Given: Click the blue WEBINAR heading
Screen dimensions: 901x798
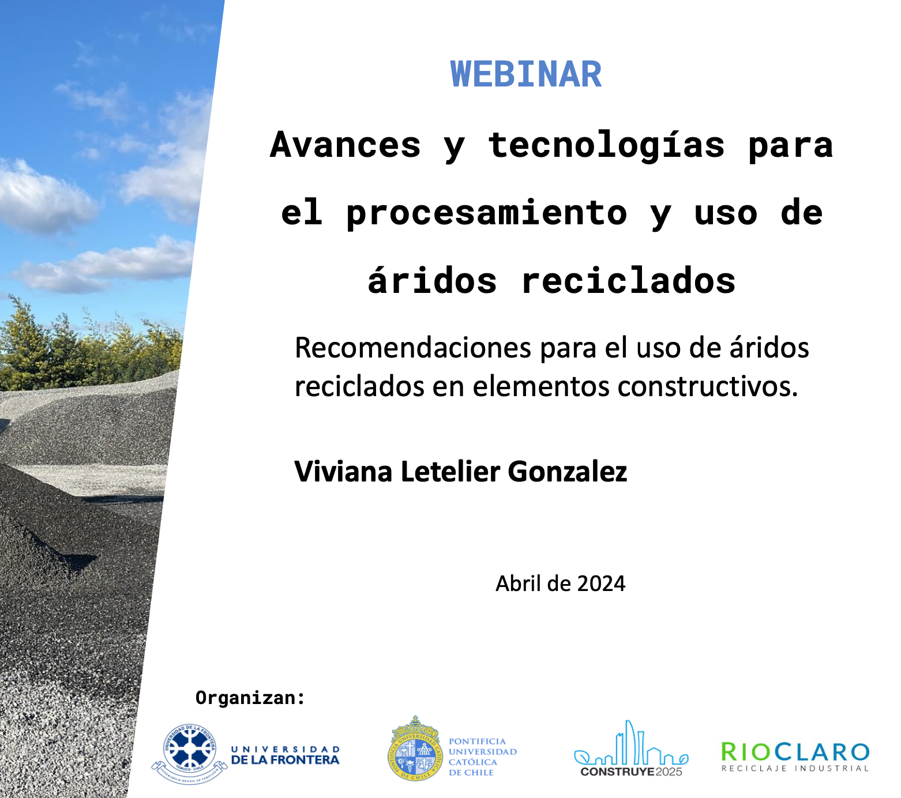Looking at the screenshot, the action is [x=526, y=74].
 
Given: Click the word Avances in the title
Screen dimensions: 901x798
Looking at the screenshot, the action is [x=346, y=144].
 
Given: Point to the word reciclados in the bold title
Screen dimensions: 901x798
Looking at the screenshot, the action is [x=628, y=281].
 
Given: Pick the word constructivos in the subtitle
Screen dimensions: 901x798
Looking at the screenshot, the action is [x=707, y=386].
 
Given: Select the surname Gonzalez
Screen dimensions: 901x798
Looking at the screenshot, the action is [x=568, y=472].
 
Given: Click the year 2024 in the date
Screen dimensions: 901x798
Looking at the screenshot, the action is [x=601, y=584].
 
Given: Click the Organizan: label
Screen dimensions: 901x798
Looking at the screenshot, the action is [x=250, y=698].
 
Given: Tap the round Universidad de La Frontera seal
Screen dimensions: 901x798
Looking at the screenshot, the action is [x=190, y=754].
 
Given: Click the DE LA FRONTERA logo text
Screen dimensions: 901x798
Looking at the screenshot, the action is [x=285, y=760].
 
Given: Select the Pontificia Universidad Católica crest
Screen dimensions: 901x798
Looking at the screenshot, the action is [x=415, y=749].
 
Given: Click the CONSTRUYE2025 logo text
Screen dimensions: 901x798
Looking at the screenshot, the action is [x=631, y=771].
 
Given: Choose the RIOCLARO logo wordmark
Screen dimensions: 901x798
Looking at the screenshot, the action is [x=795, y=752].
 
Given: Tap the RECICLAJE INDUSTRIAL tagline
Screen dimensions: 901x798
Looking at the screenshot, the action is [x=795, y=769].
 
